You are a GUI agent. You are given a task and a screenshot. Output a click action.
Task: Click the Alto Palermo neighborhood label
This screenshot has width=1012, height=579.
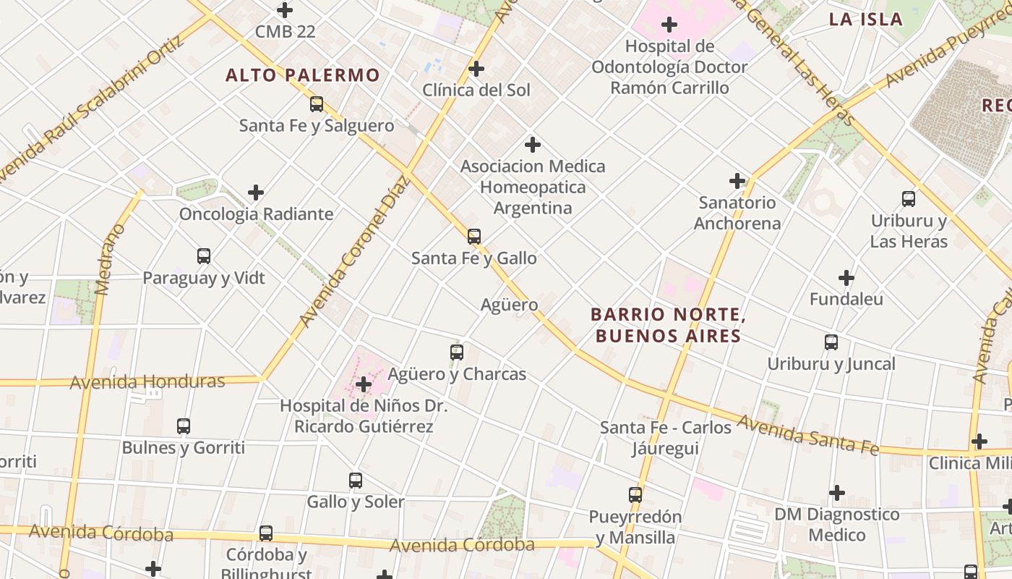click(x=302, y=75)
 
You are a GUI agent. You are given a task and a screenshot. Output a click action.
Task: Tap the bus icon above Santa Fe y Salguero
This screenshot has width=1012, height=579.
click(x=317, y=104)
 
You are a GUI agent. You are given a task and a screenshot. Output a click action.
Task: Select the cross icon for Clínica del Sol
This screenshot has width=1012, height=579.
click(x=476, y=69)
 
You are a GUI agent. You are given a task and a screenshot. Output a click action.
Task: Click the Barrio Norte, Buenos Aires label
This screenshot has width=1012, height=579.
click(x=667, y=325)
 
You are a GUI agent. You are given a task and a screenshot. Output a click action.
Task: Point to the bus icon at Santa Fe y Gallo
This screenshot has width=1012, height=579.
click(x=474, y=237)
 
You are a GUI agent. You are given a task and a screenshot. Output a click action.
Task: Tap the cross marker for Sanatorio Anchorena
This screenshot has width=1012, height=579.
click(x=737, y=181)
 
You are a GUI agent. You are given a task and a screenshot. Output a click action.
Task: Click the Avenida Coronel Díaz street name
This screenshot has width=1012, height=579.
click(x=353, y=250)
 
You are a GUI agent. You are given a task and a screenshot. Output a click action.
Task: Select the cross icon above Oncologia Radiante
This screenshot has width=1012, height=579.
click(x=256, y=193)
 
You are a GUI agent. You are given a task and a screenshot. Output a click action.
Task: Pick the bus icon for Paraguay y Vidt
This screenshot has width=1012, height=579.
click(x=204, y=256)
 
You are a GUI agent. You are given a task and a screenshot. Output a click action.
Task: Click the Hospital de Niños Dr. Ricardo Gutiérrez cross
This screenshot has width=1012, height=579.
click(x=364, y=384)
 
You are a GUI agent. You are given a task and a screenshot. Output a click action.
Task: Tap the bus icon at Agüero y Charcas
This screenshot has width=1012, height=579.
click(x=457, y=352)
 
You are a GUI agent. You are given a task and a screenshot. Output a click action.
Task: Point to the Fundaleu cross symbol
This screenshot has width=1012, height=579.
click(x=846, y=278)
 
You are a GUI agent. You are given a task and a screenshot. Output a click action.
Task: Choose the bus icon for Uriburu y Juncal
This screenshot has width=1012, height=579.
click(x=831, y=342)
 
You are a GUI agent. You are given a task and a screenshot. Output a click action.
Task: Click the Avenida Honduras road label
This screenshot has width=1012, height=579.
click(x=147, y=381)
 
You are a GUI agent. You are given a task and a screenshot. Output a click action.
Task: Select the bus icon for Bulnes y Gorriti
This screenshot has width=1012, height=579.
click(x=184, y=426)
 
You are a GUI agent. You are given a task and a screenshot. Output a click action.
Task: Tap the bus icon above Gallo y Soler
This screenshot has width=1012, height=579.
click(x=356, y=481)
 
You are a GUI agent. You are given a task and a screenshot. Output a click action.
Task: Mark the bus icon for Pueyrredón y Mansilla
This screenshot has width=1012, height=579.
click(x=635, y=495)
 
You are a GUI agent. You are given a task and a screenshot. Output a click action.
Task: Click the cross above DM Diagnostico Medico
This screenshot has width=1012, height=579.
click(x=837, y=493)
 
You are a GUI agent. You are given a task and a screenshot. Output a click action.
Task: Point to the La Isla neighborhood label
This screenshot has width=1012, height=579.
click(x=866, y=20)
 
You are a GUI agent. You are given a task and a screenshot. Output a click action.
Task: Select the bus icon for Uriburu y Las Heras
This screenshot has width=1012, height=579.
click(x=909, y=199)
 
